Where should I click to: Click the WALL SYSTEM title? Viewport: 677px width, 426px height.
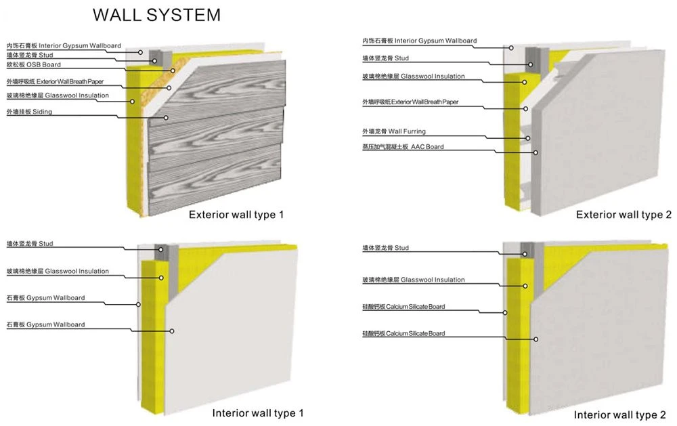(157, 15)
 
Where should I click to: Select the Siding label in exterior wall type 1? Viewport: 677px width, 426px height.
(29, 112)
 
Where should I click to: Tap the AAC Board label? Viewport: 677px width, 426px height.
(403, 147)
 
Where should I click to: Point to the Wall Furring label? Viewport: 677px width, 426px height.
(394, 131)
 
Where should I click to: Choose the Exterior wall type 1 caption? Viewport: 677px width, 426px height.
(236, 215)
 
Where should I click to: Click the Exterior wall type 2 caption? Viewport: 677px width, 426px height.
(624, 215)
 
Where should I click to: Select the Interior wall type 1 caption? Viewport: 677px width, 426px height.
(258, 413)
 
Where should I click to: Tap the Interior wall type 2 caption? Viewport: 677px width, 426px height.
(619, 414)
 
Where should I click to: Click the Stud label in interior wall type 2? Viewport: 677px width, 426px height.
(385, 248)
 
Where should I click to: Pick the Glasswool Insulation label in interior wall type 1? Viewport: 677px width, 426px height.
(58, 272)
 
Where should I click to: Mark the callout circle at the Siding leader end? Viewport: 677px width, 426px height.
(166, 118)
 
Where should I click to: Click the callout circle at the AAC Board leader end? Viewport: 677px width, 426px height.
(536, 152)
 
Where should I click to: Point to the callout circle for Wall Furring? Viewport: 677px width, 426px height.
(527, 138)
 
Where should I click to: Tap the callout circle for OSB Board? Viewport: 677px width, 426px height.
(173, 70)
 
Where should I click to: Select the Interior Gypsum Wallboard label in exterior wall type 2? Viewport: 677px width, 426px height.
(420, 41)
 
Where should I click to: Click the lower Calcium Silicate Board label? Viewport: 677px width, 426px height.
(403, 333)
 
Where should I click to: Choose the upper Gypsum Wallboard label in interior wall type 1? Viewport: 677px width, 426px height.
(45, 298)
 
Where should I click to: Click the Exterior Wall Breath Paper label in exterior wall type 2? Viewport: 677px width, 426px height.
(410, 102)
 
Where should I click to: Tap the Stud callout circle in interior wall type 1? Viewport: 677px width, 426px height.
(160, 249)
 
